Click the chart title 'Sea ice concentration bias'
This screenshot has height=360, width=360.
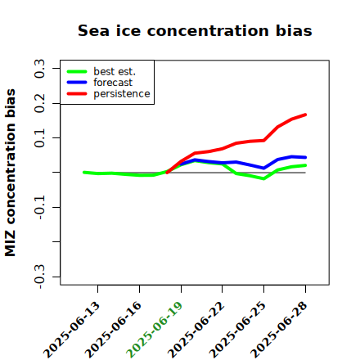(x=195, y=30)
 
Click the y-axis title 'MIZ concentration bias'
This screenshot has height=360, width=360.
(x=11, y=173)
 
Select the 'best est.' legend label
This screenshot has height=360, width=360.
(x=115, y=71)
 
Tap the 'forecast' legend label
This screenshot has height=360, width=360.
(x=113, y=83)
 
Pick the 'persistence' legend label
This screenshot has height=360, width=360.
(x=122, y=94)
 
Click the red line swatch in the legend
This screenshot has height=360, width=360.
(x=77, y=94)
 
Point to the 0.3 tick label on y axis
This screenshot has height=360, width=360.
(x=39, y=69)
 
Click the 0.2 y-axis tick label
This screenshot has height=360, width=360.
(x=39, y=103)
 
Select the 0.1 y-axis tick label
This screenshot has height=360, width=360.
(x=39, y=138)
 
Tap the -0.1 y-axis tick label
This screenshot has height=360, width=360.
(x=39, y=208)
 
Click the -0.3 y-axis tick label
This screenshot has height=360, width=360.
(x=39, y=277)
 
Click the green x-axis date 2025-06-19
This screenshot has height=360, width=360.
(x=155, y=330)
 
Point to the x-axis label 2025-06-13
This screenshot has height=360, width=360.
(x=71, y=330)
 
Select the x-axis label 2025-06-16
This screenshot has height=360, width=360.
(x=113, y=330)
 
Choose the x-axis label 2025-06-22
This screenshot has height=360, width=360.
(x=196, y=330)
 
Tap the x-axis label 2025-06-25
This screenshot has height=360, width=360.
(x=237, y=330)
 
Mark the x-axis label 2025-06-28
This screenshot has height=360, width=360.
(x=279, y=330)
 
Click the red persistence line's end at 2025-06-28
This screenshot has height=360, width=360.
(x=305, y=115)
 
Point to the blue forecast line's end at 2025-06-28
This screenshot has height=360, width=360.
(x=305, y=157)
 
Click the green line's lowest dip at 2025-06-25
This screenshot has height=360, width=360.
(x=263, y=178)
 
